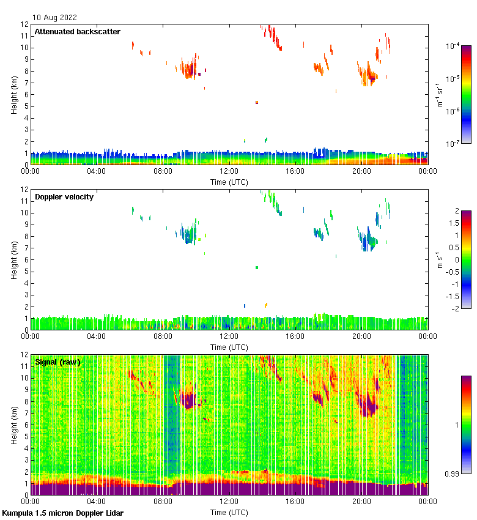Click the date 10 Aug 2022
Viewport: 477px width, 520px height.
pyautogui.click(x=55, y=18)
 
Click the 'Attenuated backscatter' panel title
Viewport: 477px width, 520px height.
pyautogui.click(x=78, y=32)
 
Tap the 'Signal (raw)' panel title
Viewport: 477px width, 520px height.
pyautogui.click(x=58, y=362)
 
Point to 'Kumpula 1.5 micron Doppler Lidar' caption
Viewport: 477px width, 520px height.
pyautogui.click(x=63, y=513)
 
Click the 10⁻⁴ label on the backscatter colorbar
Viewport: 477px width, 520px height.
pyautogui.click(x=453, y=46)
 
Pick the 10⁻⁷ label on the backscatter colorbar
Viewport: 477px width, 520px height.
pyautogui.click(x=453, y=144)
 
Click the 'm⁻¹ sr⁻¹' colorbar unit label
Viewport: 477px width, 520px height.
pyautogui.click(x=440, y=95)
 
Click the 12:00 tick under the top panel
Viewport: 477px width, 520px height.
pyautogui.click(x=229, y=171)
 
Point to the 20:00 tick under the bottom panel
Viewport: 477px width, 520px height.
pyautogui.click(x=361, y=502)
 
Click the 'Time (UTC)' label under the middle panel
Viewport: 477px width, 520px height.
pyautogui.click(x=229, y=347)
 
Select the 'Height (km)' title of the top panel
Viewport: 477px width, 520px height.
pyautogui.click(x=14, y=95)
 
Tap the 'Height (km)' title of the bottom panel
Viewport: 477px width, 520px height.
pyautogui.click(x=14, y=425)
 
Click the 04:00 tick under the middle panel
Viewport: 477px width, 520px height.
pyautogui.click(x=97, y=336)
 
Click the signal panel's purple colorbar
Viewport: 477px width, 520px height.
pyautogui.click(x=466, y=425)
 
